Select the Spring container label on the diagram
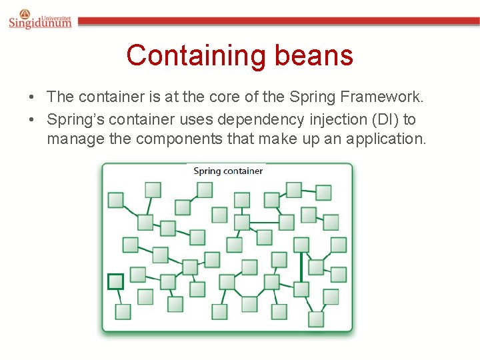pos(228,171)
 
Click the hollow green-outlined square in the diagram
pos(116,281)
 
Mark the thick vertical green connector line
pos(301,267)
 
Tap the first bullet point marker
pos(32,97)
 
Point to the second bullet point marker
pos(32,120)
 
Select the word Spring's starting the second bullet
pos(73,119)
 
